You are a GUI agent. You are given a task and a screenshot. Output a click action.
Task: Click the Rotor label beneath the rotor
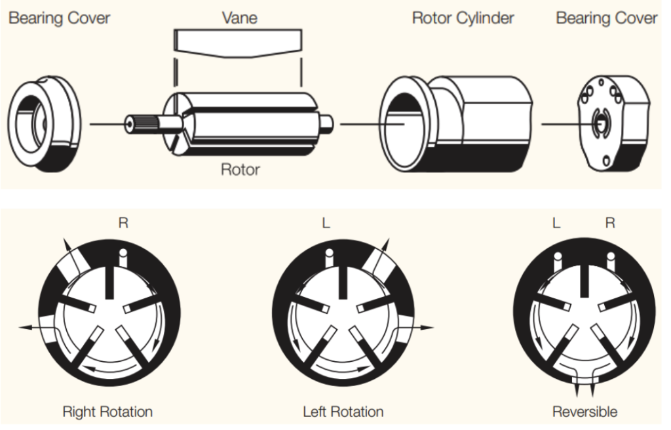coord(240,170)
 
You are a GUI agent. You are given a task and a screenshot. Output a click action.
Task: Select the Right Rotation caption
coord(107,412)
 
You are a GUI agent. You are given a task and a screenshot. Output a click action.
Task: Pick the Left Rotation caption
coord(343,412)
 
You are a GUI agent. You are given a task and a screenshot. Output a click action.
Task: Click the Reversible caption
coord(585,412)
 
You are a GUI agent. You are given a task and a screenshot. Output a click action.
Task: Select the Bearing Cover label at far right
coord(606,18)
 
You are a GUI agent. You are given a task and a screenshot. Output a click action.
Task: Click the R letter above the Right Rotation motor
coord(123,224)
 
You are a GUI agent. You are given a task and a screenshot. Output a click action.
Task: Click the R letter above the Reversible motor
coord(609,224)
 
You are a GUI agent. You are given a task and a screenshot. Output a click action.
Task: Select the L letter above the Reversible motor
coord(556,224)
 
